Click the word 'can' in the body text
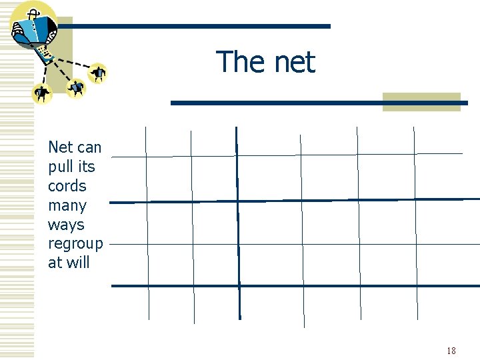pos(90,147)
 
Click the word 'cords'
pos(67,185)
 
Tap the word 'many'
pos(67,205)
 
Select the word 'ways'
pos(66,225)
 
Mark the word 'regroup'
pos(75,244)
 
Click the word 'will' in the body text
pos(78,263)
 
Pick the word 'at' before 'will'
pos(55,263)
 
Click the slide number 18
pos(451,351)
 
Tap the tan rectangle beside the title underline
pos(421,101)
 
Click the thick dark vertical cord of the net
pos(237,227)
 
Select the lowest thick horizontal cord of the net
pos(293,286)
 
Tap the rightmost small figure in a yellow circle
pos(99,72)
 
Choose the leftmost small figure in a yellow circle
pos(42,94)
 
